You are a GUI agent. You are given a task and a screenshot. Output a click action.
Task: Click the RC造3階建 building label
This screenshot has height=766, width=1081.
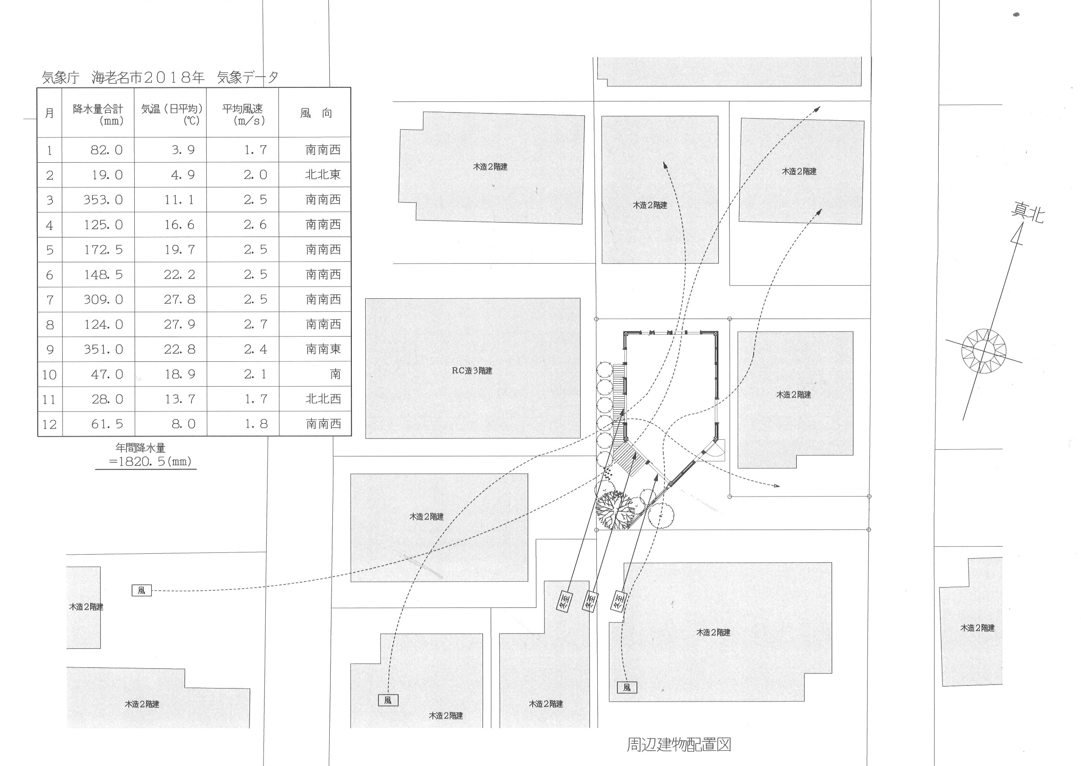(x=472, y=371)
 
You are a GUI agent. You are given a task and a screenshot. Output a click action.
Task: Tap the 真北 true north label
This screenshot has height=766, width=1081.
(x=1027, y=213)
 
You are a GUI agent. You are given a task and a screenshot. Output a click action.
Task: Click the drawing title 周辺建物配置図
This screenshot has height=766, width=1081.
(x=678, y=744)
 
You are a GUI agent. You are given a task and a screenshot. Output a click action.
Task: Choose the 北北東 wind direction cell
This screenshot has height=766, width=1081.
(x=322, y=175)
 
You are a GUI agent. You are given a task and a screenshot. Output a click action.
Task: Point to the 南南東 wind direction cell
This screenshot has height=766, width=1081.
(x=323, y=350)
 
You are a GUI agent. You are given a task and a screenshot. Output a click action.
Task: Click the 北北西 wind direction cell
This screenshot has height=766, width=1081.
(x=323, y=399)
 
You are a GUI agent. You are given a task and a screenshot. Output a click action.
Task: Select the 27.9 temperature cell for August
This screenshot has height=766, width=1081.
(x=179, y=324)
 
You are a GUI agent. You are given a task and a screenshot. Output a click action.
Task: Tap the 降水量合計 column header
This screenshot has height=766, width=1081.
(x=98, y=114)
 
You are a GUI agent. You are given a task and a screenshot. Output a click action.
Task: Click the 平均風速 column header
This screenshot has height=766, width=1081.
(x=243, y=114)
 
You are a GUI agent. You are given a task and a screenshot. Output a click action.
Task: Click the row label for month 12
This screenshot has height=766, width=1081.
(x=50, y=424)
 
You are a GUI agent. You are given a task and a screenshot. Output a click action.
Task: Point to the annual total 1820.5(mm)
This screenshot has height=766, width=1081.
(x=150, y=461)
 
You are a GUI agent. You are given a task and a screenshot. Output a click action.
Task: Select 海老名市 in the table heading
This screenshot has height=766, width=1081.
(x=117, y=78)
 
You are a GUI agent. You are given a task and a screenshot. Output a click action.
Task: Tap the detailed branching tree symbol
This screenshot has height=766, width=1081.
(x=614, y=510)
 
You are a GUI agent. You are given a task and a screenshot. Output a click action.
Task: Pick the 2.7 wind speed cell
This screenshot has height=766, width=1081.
(x=255, y=324)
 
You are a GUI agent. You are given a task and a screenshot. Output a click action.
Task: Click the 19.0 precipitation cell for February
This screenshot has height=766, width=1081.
(x=107, y=175)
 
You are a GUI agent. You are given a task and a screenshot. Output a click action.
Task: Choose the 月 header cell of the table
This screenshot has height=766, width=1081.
(x=50, y=113)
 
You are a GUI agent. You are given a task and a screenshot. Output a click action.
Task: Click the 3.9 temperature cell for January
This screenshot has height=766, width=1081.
(x=183, y=150)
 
